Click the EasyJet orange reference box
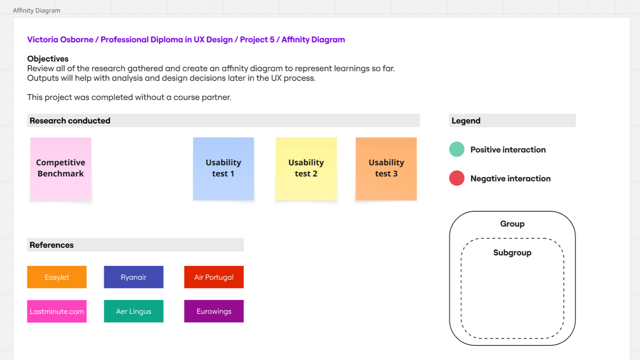pos(57,277)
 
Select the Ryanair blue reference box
pos(134,277)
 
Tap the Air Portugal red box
pos(214,277)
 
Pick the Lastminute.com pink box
pos(57,311)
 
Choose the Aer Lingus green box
pos(134,311)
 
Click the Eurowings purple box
pos(214,311)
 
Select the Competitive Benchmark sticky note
pos(61,168)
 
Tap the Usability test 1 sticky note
pos(223,168)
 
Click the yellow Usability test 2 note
pos(306,168)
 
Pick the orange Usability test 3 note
pos(386,168)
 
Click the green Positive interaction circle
pos(457,149)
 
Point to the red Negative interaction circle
pos(457,178)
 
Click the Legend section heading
pos(466,121)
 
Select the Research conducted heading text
pos(70,121)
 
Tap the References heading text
pos(52,245)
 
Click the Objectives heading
pos(48,59)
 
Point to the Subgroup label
pos(512,253)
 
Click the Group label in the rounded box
pos(512,224)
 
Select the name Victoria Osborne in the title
pos(60,40)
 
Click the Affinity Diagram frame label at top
pos(36,10)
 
